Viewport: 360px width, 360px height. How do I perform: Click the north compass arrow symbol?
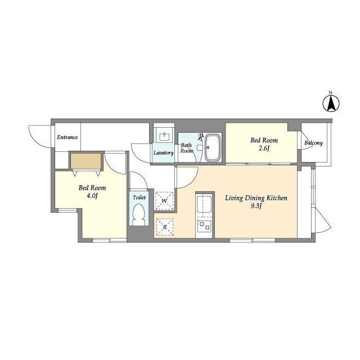tap(331, 103)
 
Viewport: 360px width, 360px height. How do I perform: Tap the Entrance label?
tap(67, 137)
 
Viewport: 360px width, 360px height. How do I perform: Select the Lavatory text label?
tap(164, 153)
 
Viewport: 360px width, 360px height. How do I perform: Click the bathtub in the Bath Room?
tap(213, 148)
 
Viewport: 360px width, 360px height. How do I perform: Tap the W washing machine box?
tap(164, 201)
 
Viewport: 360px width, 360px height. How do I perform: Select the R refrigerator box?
tap(165, 227)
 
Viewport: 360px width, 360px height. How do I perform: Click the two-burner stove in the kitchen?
tap(204, 226)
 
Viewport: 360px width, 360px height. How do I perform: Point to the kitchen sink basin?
tap(204, 204)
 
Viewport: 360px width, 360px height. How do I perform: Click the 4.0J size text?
tap(92, 196)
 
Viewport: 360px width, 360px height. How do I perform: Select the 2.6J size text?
tap(264, 148)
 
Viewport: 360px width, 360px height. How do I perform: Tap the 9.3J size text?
tap(256, 206)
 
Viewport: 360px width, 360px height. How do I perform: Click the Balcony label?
tap(314, 143)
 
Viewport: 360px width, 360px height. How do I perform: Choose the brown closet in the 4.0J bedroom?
tap(86, 161)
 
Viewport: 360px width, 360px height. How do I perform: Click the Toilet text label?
tap(139, 197)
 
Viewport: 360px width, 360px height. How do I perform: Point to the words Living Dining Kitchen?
tap(256, 198)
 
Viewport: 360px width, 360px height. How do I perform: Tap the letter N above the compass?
tap(330, 92)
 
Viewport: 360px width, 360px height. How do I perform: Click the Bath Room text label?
tap(187, 148)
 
